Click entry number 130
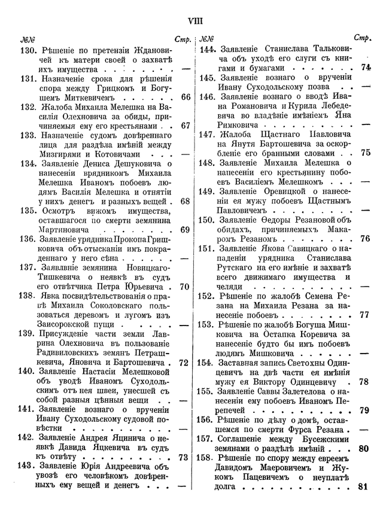tap(28, 51)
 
